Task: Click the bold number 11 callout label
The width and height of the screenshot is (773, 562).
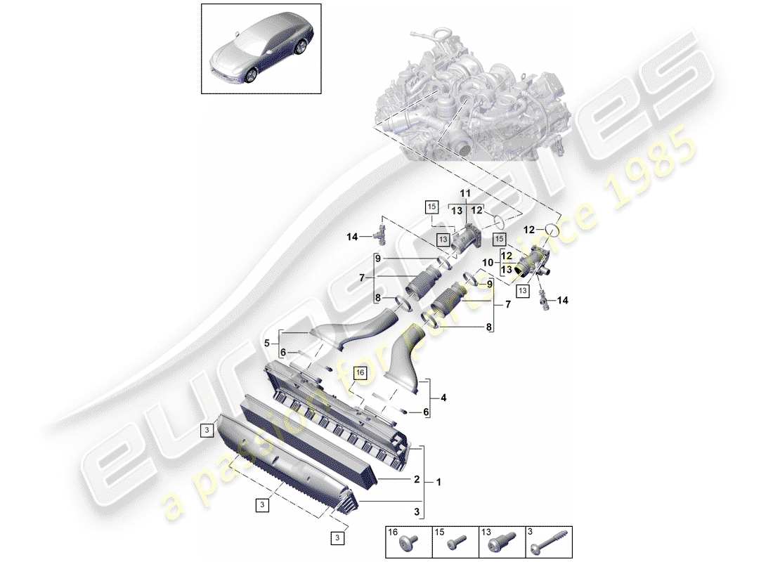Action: click(465, 193)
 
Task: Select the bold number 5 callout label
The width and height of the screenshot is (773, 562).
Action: click(267, 344)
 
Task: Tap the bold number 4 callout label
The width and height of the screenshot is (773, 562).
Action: click(443, 398)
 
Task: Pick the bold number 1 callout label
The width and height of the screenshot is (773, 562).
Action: click(439, 483)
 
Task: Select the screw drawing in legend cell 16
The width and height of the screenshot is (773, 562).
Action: click(410, 544)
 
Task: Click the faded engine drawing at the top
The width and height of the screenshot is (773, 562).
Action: click(464, 98)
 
